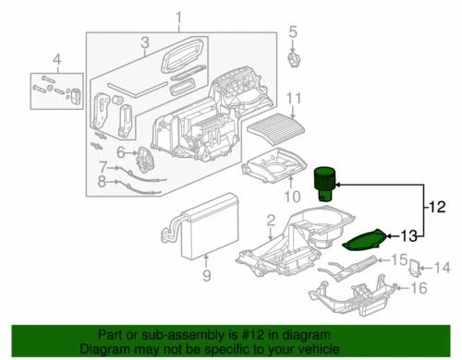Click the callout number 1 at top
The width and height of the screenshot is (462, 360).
(178, 17)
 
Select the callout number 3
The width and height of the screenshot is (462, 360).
(145, 43)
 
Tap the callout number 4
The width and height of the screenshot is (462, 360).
(57, 63)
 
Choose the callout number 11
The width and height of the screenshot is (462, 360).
(294, 99)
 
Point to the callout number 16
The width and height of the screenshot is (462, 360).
(419, 288)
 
